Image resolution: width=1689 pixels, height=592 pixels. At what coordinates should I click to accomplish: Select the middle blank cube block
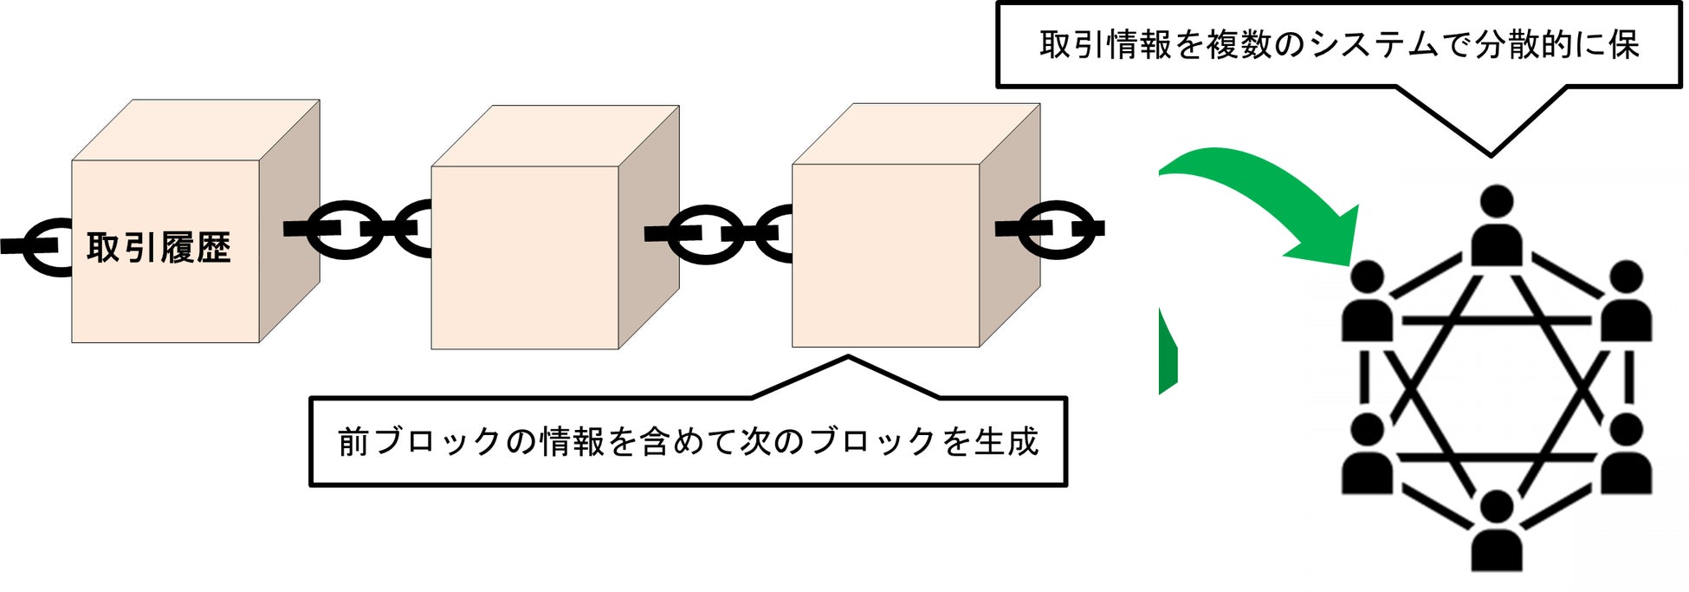[x=525, y=257]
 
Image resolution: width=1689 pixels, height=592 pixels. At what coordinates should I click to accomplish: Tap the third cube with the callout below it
[x=885, y=256]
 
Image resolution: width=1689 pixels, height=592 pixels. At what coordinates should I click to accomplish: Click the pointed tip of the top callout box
[x=1490, y=155]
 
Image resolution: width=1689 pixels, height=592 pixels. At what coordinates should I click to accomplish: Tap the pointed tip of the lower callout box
[x=848, y=356]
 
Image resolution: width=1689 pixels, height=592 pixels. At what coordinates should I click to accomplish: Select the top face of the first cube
[x=196, y=130]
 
